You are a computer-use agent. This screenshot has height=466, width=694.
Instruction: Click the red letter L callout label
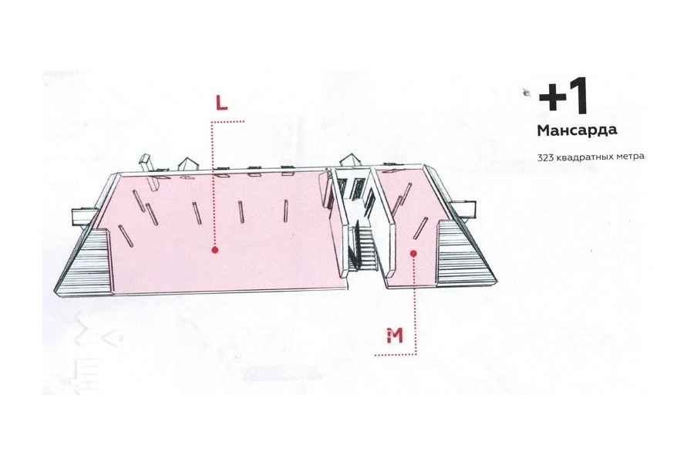[x=221, y=103]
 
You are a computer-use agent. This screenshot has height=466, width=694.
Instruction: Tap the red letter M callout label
[x=395, y=336]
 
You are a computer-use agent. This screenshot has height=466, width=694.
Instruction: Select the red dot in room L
[x=215, y=250]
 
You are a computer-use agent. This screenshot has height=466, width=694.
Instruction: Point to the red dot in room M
[x=413, y=254]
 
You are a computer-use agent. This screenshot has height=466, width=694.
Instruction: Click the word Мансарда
[x=577, y=130]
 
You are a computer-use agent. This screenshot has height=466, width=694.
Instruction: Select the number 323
[x=545, y=157]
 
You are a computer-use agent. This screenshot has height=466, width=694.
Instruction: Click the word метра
[x=628, y=157]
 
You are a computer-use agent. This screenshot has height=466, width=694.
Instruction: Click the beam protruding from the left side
[x=84, y=217]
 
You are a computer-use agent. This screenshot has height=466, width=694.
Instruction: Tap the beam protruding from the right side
[x=463, y=208]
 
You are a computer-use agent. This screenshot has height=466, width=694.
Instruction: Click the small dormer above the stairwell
[x=351, y=160]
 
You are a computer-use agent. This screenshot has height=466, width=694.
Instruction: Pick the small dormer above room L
[x=189, y=163]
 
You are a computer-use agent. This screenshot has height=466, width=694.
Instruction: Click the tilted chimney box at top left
[x=148, y=172]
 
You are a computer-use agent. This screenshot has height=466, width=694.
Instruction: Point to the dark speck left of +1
[x=527, y=93]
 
